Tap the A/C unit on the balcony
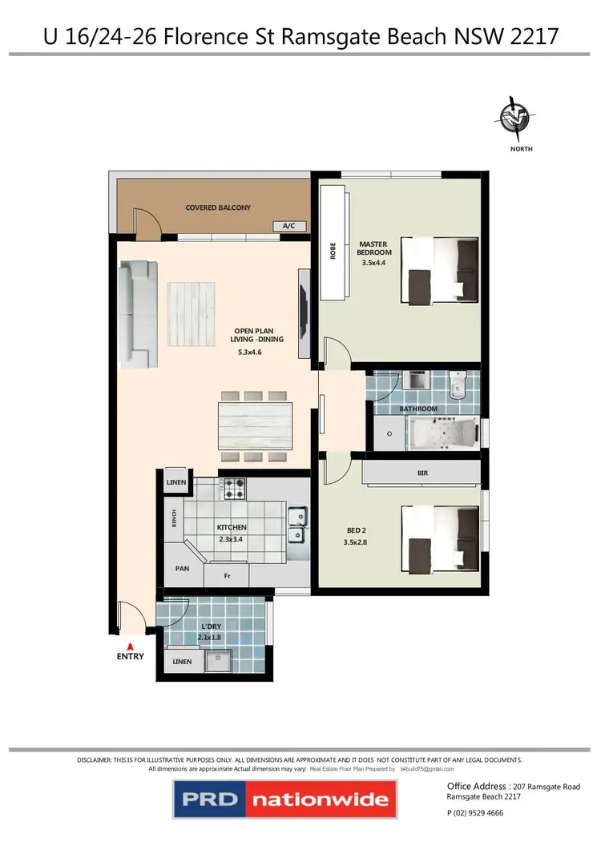pyautogui.click(x=289, y=226)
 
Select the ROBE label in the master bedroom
pyautogui.click(x=333, y=252)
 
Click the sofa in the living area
pyautogui.click(x=136, y=312)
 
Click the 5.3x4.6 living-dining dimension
pyautogui.click(x=250, y=352)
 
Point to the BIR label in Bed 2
pyautogui.click(x=423, y=473)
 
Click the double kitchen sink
pyautogui.click(x=296, y=525)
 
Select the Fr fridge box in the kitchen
pyautogui.click(x=227, y=576)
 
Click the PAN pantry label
pyautogui.click(x=183, y=570)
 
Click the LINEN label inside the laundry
pyautogui.click(x=182, y=663)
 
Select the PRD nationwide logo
pyautogui.click(x=284, y=799)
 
